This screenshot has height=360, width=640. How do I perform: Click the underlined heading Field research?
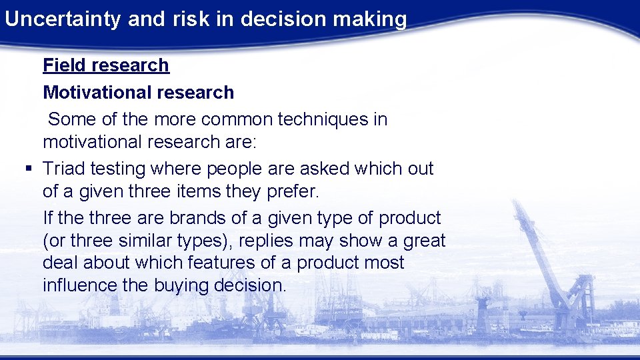pos(106,65)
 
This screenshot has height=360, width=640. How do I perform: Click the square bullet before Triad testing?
pos(27,169)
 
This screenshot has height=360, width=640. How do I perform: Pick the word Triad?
pos(65,169)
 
